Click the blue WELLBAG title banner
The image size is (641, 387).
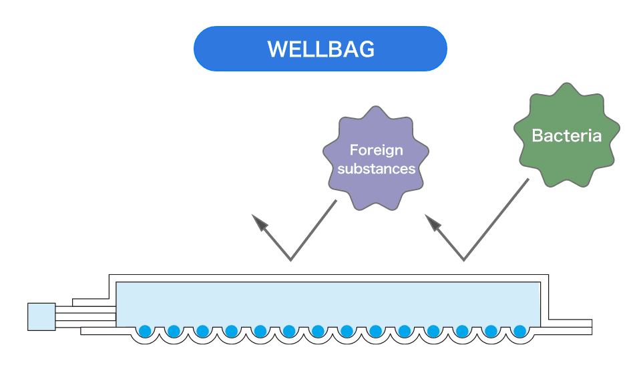(x=320, y=49)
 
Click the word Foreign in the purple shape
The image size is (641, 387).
(x=376, y=150)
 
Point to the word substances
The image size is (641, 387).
(x=376, y=169)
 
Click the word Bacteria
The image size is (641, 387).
(x=566, y=136)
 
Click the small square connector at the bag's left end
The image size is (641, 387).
(x=41, y=316)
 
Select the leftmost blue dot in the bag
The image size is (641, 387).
(x=145, y=331)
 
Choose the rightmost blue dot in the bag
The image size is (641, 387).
(x=520, y=331)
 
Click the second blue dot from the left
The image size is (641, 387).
(x=174, y=331)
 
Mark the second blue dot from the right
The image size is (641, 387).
(x=491, y=331)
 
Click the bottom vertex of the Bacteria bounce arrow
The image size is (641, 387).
(x=463, y=260)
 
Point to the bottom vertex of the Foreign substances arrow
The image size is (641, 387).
(x=290, y=260)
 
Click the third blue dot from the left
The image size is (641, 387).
(x=202, y=331)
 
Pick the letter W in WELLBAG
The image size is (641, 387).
(x=276, y=49)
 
